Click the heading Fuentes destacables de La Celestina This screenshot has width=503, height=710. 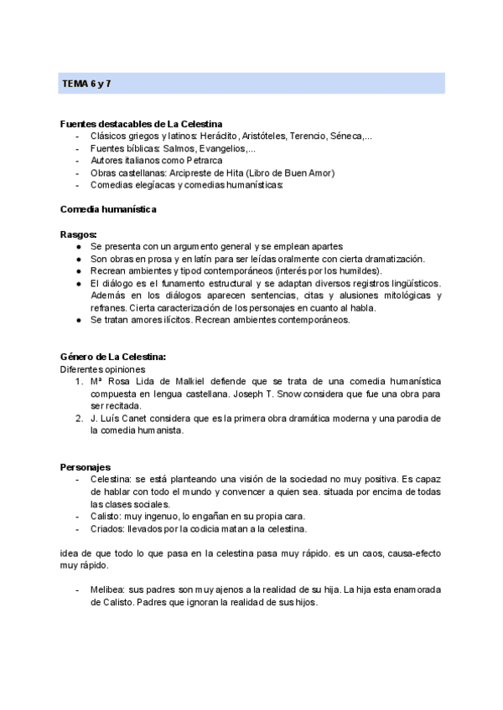coord(141,123)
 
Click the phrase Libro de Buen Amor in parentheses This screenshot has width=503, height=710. coord(286,172)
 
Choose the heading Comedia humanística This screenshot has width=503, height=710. coord(108,208)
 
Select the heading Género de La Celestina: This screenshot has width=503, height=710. coord(113,357)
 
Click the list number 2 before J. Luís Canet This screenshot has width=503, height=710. coord(79,419)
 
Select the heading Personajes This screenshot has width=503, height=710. coord(86,466)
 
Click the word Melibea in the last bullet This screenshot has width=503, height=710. coord(110,589)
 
